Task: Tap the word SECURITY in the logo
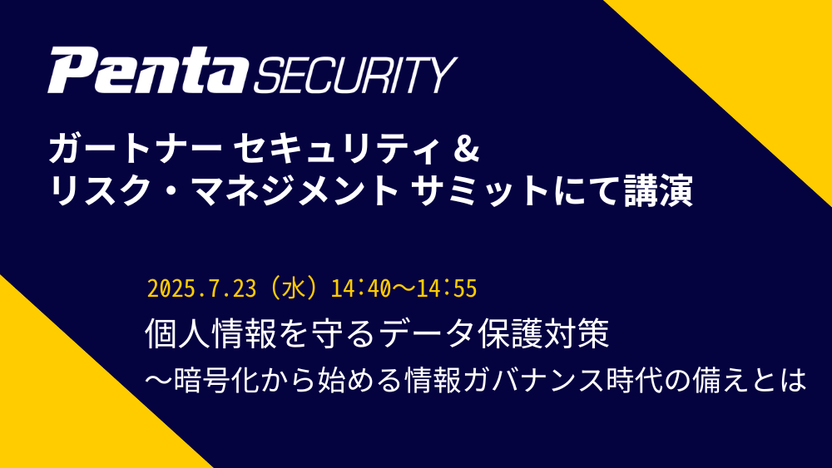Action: [355, 76]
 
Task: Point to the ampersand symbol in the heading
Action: [467, 150]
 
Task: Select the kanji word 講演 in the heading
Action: [658, 191]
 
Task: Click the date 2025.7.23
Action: [201, 289]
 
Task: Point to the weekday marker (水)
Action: [294, 288]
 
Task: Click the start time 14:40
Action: [361, 289]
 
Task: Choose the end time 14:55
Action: [447, 289]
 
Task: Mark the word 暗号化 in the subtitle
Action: [215, 380]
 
